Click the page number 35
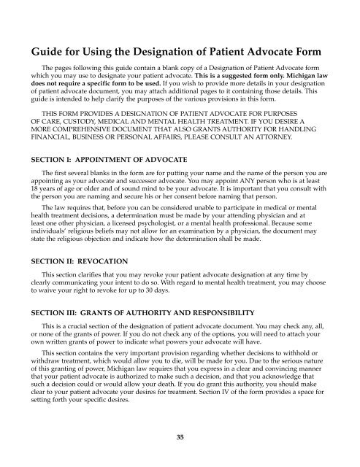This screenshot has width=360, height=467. [x=180, y=437]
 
